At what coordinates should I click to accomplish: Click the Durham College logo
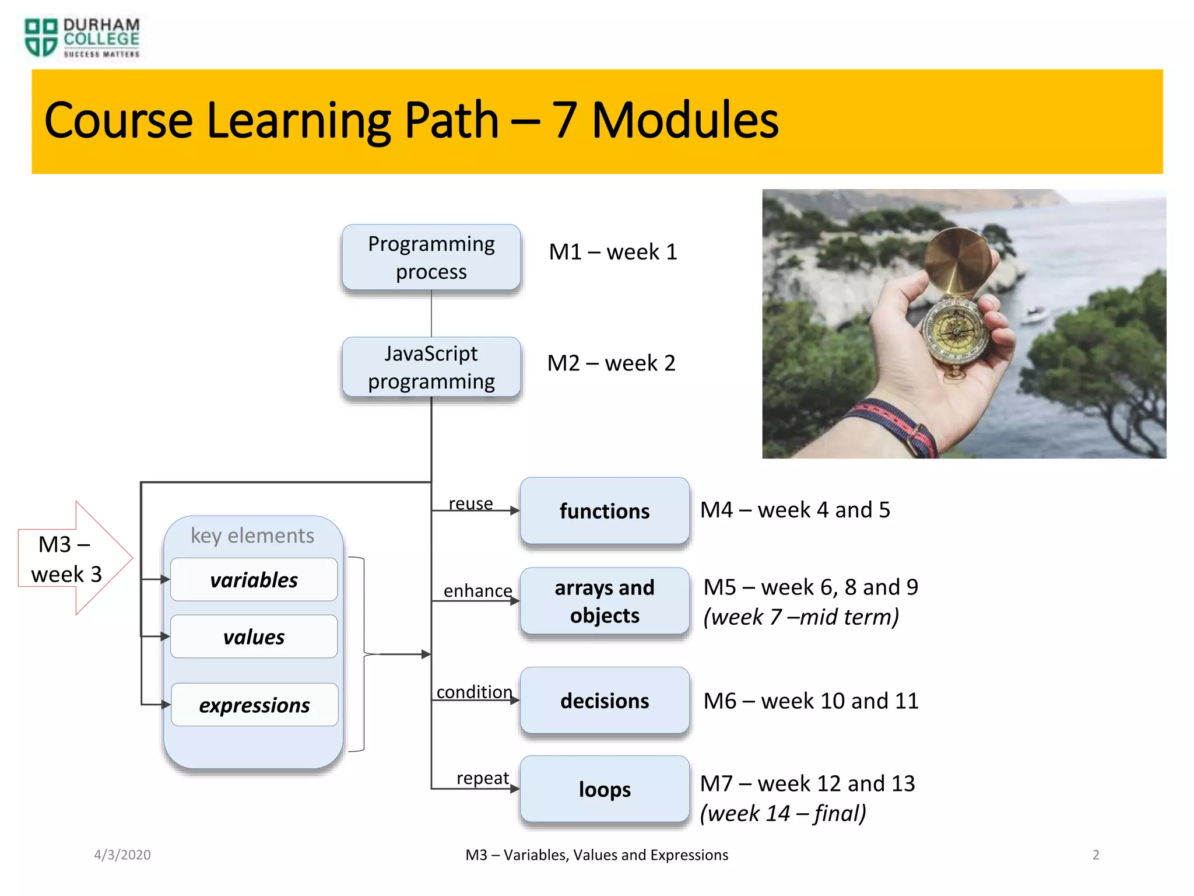pyautogui.click(x=82, y=38)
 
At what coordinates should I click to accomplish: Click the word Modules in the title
pyautogui.click(x=684, y=121)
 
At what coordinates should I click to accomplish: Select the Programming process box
pyautogui.click(x=431, y=257)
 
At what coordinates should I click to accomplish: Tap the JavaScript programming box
pyautogui.click(x=431, y=367)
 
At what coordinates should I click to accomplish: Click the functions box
pyautogui.click(x=605, y=511)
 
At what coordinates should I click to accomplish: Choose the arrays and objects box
pyautogui.click(x=605, y=601)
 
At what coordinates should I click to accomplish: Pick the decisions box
pyautogui.click(x=605, y=701)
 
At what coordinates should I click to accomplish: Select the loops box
pyautogui.click(x=605, y=789)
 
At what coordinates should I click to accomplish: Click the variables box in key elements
pyautogui.click(x=254, y=580)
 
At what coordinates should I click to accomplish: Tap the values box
pyautogui.click(x=254, y=636)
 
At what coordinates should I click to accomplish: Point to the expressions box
pyautogui.click(x=254, y=705)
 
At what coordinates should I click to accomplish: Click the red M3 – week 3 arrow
pyautogui.click(x=70, y=559)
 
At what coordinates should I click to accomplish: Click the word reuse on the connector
pyautogui.click(x=470, y=503)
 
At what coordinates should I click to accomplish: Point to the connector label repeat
pyautogui.click(x=482, y=778)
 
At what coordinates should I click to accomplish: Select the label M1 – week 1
pyautogui.click(x=613, y=252)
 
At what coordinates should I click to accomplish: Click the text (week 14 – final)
pyautogui.click(x=782, y=813)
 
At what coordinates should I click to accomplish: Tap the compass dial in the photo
pyautogui.click(x=956, y=330)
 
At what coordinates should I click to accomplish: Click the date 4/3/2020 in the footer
pyautogui.click(x=122, y=855)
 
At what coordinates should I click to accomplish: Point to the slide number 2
pyautogui.click(x=1095, y=855)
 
